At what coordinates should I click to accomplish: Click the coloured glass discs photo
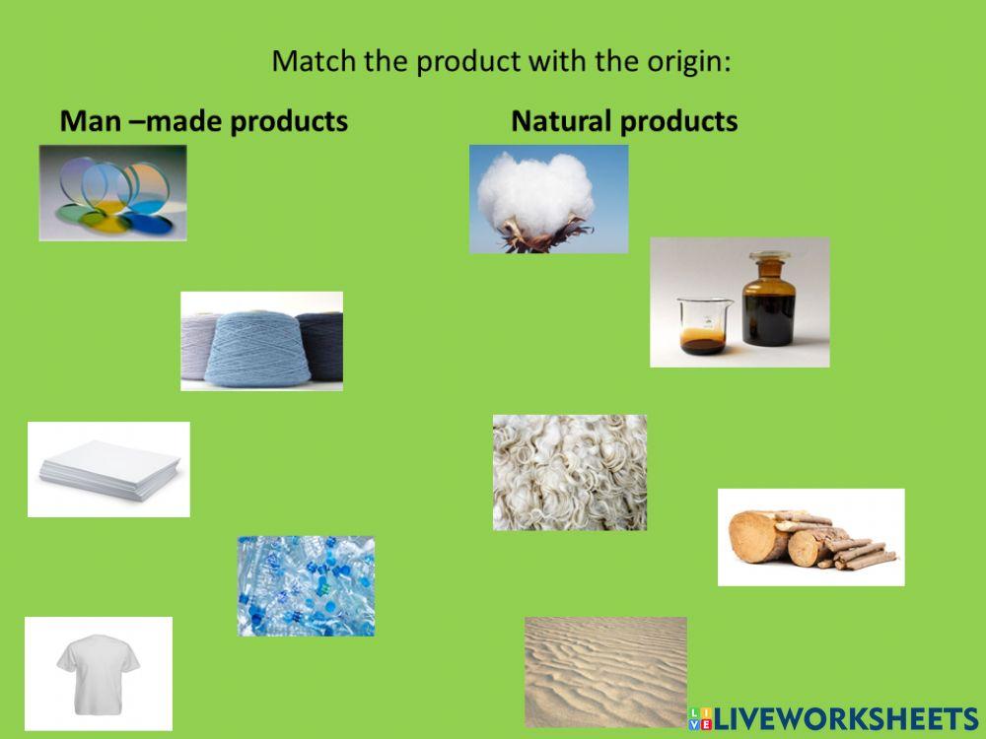click(x=112, y=193)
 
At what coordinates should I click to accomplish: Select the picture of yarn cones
click(x=261, y=341)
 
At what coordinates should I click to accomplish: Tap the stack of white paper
click(x=108, y=469)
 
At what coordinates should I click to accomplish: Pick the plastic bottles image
click(x=306, y=585)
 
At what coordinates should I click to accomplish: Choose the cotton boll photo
click(x=548, y=198)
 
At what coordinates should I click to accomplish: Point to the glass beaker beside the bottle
click(x=702, y=324)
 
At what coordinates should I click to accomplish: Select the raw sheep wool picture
click(x=570, y=472)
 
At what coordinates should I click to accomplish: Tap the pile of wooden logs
click(x=810, y=538)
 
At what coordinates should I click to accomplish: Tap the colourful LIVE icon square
click(x=700, y=718)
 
